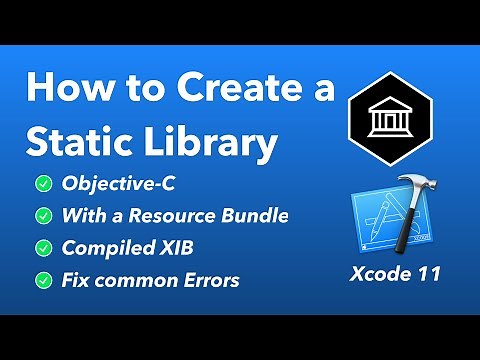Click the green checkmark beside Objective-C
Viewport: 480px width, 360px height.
45,183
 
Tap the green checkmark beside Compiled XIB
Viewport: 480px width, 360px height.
45,247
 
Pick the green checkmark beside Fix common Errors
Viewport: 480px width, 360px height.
45,279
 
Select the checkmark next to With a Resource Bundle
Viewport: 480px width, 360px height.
45,215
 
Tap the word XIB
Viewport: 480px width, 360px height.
182,247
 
